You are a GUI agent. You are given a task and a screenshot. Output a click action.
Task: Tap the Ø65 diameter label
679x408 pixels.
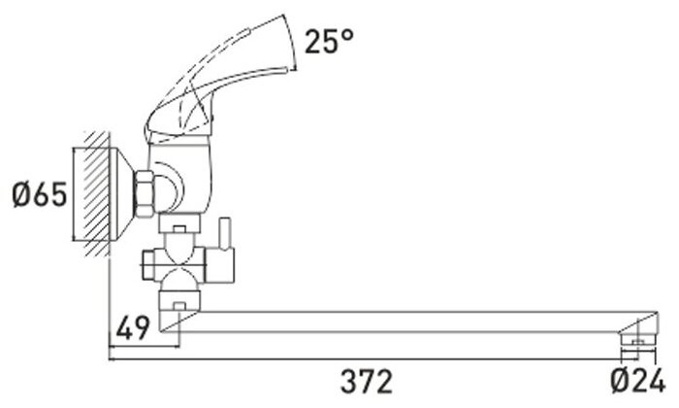[x=39, y=195]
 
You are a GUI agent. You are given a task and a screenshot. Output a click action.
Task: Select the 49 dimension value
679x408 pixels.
[x=133, y=328]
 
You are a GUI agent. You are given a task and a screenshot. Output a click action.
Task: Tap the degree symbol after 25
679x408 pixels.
[x=351, y=35]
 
